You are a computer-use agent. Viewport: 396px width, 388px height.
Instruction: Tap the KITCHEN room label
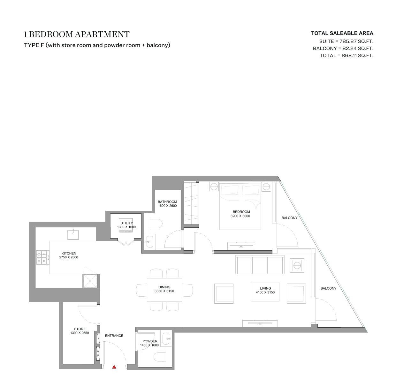[69, 253]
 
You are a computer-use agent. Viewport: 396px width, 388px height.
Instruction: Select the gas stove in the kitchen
[42, 257]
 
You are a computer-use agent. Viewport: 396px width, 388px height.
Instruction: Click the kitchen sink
[73, 235]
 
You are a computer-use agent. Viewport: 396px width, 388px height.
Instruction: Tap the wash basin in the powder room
[166, 339]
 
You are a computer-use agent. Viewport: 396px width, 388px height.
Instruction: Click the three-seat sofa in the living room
[260, 265]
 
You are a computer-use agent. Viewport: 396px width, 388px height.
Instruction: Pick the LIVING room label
[265, 288]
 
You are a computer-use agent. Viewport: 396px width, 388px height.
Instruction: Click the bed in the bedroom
[240, 206]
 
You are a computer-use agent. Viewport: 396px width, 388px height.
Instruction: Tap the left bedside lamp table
[214, 187]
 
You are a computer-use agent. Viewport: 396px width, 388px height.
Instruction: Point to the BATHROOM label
[167, 202]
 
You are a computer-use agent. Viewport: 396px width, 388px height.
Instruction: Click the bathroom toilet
[156, 223]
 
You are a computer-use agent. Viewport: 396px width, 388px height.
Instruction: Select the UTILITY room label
[126, 223]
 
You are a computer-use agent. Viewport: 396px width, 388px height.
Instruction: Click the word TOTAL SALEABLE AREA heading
[342, 33]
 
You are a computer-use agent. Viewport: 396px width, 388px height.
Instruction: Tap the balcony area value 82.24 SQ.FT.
[358, 49]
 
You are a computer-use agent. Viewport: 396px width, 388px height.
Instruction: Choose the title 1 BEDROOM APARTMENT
[77, 34]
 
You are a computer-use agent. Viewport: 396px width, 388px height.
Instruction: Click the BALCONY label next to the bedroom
[290, 218]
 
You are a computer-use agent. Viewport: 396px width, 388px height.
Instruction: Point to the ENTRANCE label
[114, 336]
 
